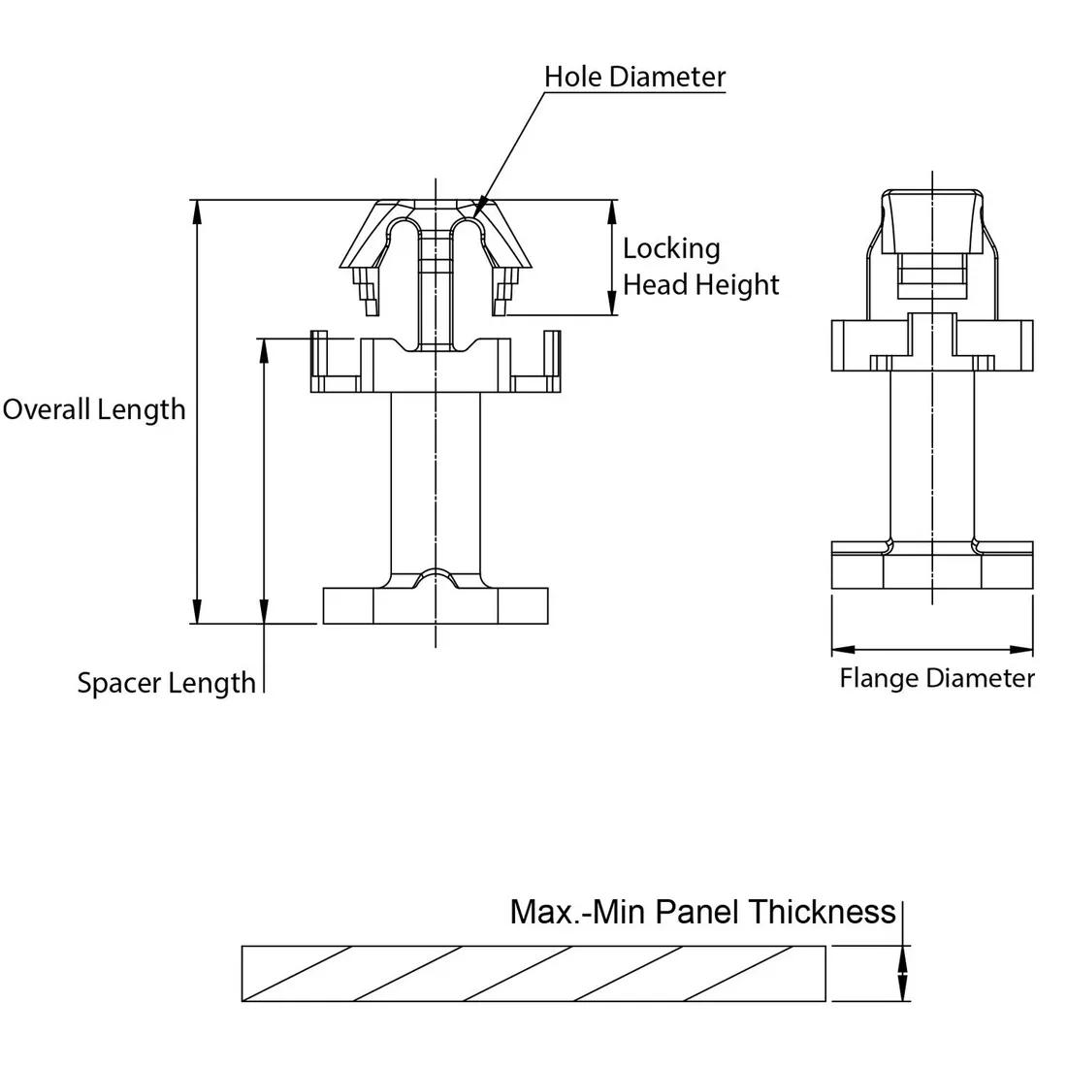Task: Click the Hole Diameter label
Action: [634, 77]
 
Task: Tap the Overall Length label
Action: [94, 408]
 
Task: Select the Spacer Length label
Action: [166, 683]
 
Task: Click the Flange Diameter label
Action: [936, 677]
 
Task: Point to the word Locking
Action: [671, 248]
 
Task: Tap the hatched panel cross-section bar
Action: [533, 973]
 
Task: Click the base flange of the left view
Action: [436, 606]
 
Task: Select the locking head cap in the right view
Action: [932, 221]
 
